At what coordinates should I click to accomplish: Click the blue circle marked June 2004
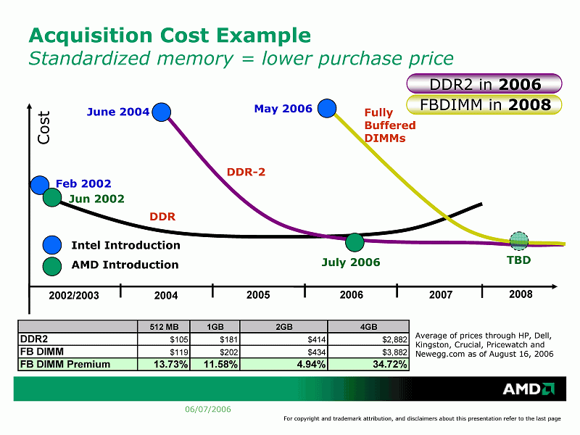[162, 112]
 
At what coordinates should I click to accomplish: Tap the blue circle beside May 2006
[328, 109]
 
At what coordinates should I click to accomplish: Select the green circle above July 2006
[354, 242]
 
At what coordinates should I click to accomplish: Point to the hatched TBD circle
[519, 241]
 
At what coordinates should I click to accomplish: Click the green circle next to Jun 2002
[51, 196]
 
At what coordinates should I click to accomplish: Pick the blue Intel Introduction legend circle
[51, 245]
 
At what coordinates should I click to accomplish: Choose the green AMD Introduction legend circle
[51, 265]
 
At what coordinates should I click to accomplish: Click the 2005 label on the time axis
[258, 295]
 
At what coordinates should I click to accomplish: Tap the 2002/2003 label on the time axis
[73, 296]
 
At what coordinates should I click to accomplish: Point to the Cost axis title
[44, 127]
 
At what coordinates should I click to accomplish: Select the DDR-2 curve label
[246, 172]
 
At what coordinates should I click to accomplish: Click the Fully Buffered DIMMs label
[389, 125]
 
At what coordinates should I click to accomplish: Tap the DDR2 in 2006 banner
[485, 84]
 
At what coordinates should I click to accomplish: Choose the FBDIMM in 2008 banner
[485, 105]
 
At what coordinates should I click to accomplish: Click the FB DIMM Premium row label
[65, 364]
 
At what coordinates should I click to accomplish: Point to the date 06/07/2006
[208, 410]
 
